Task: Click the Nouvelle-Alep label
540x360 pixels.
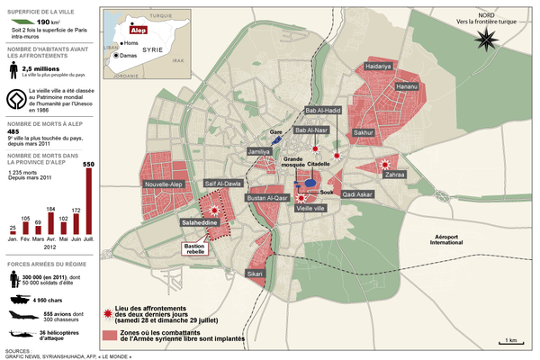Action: (x=164, y=184)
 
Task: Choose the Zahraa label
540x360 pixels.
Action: (x=395, y=174)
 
